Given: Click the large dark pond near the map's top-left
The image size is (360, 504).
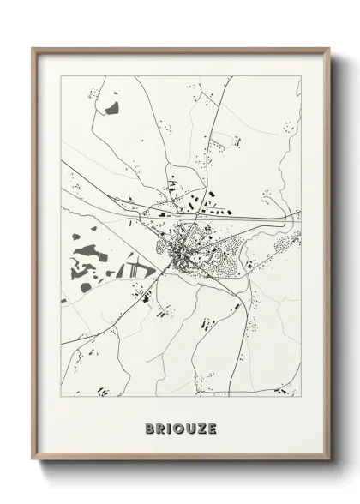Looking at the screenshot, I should tap(111, 109).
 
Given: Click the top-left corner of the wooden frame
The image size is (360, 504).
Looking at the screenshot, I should tap(33, 49).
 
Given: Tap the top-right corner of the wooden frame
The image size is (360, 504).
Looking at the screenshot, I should tap(329, 49).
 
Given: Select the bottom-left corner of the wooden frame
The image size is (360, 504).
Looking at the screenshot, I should tap(33, 465).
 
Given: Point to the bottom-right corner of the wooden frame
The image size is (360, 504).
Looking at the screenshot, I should tap(329, 465).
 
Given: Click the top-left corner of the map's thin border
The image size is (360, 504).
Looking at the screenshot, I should tap(61, 76).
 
